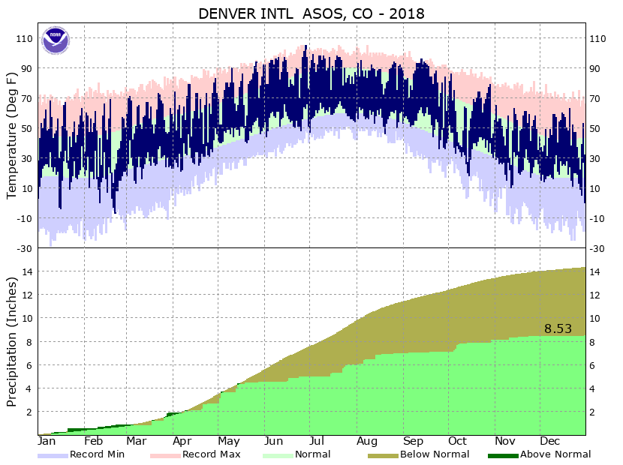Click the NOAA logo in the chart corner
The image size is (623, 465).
pyautogui.click(x=55, y=40)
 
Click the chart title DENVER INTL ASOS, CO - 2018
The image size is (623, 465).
pyautogui.click(x=311, y=13)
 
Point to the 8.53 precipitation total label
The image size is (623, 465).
pyautogui.click(x=558, y=328)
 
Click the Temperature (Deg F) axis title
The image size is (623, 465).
pyautogui.click(x=11, y=135)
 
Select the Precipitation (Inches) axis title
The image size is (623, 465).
pyautogui.click(x=11, y=341)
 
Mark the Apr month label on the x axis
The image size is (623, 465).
pyautogui.click(x=182, y=441)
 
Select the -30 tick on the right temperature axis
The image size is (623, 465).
pyautogui.click(x=598, y=248)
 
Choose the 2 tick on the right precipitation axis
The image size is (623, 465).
pyautogui.click(x=593, y=412)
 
